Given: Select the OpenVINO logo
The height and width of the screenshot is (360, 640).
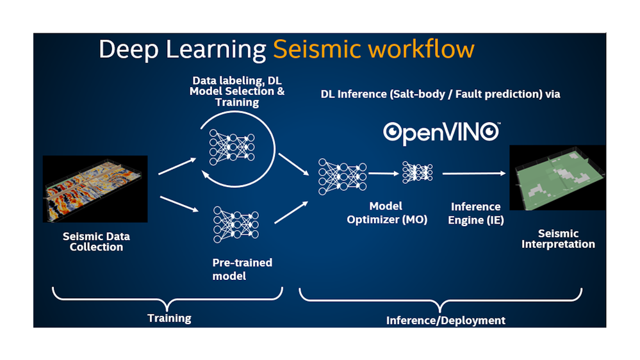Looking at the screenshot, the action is [x=441, y=133].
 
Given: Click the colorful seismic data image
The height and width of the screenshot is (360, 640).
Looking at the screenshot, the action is [x=95, y=188].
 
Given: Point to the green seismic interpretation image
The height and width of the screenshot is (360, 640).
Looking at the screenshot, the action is [x=557, y=177].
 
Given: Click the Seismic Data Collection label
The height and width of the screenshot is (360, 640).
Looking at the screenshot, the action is [x=96, y=241].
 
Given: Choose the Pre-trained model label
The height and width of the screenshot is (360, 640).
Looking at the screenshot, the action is [x=242, y=269].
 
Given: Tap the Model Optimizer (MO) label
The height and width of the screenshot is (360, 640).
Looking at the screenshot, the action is [x=386, y=213].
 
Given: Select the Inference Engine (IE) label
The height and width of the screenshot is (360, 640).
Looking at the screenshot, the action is [x=475, y=213].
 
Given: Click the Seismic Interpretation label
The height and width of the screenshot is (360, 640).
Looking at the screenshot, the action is [x=558, y=239].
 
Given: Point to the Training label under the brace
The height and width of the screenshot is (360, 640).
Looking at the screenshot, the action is [x=169, y=318].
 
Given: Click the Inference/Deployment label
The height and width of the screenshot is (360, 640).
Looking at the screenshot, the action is [x=446, y=320].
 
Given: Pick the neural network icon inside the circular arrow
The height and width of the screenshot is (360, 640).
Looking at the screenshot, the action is [x=232, y=147].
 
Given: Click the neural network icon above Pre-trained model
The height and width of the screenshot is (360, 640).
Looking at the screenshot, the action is [x=236, y=224].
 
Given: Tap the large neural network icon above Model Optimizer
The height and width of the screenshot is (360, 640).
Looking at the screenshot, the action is [x=343, y=177].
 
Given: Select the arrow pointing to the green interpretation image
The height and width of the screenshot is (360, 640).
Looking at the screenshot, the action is [x=474, y=174].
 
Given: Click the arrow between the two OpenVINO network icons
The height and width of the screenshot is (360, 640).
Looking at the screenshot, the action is [x=384, y=174].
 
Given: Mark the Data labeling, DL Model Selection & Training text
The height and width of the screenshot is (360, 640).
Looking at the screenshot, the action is [x=237, y=92].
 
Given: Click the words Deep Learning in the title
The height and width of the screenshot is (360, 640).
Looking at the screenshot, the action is [x=183, y=49].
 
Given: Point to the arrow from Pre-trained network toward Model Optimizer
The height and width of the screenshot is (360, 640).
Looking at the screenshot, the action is [x=291, y=212].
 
